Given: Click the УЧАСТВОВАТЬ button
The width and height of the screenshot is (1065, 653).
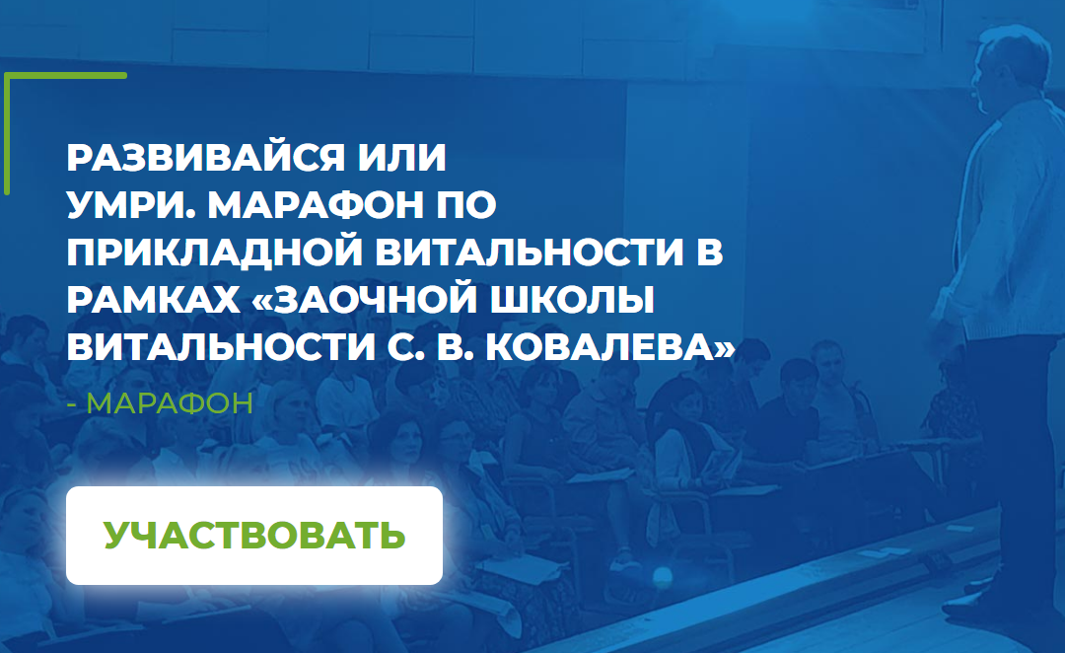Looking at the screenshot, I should coord(253,535).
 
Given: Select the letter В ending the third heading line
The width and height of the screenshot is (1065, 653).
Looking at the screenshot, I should coord(711,253).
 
